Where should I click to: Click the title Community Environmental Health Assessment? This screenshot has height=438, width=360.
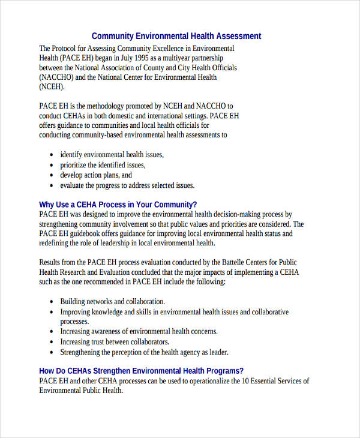[176, 36]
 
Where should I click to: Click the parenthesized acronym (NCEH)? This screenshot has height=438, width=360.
[52, 87]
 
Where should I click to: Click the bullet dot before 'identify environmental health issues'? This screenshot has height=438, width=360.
[51, 155]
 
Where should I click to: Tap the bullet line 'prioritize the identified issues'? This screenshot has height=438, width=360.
[103, 164]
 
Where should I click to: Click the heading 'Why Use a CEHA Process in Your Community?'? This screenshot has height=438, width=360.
[118, 204]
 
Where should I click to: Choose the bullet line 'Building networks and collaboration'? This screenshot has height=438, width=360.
[112, 301]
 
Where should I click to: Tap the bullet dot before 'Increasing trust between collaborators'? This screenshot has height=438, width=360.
[51, 342]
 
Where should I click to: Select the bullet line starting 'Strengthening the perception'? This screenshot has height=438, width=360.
[144, 352]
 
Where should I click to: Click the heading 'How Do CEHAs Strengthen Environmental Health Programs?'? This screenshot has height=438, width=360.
[141, 371]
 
